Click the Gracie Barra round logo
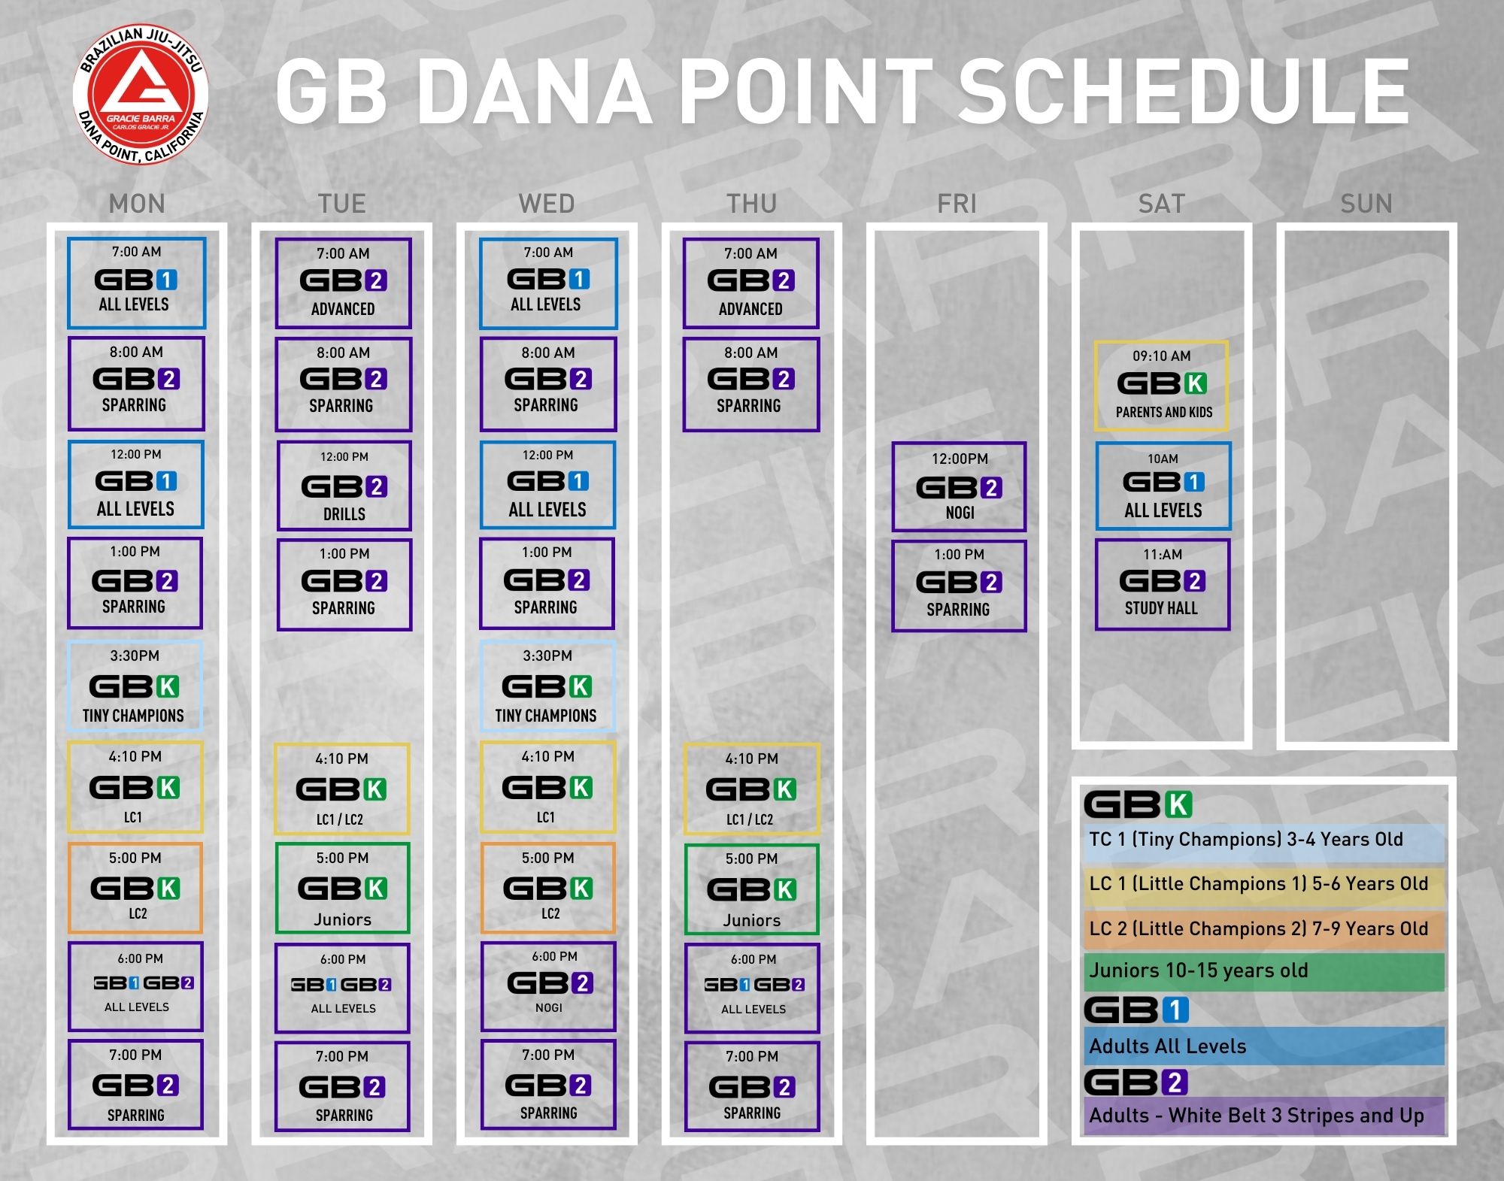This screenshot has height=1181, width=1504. click(x=141, y=95)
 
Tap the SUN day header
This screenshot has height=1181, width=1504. click(x=1366, y=204)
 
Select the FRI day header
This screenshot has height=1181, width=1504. click(x=957, y=204)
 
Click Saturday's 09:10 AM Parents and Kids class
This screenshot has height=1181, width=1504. click(x=1162, y=386)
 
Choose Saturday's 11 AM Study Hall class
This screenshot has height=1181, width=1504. click(x=1163, y=585)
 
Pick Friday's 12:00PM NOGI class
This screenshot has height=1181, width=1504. click(x=959, y=486)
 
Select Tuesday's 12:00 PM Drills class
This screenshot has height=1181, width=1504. click(x=344, y=486)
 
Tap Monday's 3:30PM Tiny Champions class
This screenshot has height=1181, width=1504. click(x=135, y=685)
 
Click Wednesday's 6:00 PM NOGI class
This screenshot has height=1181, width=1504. click(x=549, y=986)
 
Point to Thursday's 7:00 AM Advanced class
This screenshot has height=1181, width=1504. click(x=751, y=283)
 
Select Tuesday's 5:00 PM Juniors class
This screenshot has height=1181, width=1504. click(x=343, y=888)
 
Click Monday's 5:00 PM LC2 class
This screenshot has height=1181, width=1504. click(x=135, y=887)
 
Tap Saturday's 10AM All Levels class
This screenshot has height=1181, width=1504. click(x=1163, y=486)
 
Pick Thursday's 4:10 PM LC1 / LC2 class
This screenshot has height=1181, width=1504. click(x=751, y=789)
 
